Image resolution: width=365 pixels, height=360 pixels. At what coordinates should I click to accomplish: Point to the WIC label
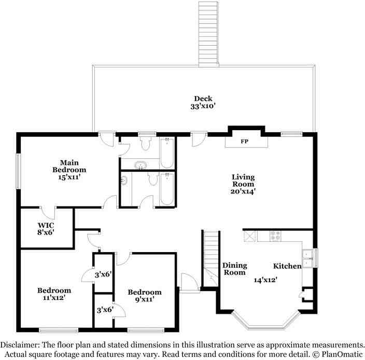point(46,225)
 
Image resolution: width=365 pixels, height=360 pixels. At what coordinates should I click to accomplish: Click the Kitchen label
point(288,266)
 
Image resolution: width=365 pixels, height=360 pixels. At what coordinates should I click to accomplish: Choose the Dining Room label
point(234,269)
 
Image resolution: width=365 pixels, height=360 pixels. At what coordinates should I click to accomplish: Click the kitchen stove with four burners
point(276,235)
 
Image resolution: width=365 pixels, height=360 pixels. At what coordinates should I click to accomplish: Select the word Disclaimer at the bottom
point(21,344)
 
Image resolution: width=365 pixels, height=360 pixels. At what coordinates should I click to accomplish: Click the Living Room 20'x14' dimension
point(242,191)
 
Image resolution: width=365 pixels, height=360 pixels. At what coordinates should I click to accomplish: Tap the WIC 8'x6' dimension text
point(46,232)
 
